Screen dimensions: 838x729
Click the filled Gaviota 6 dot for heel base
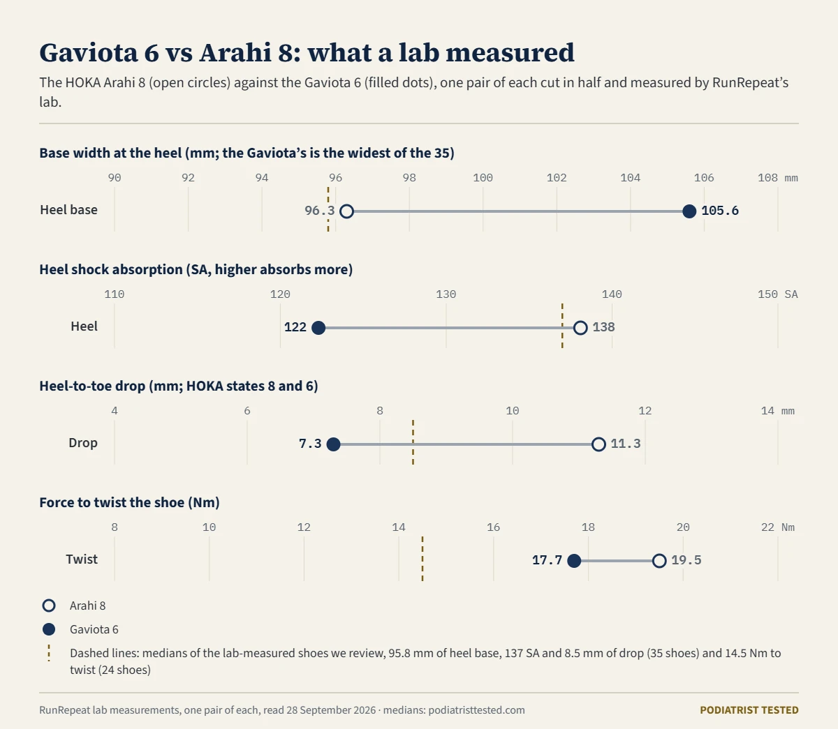click(689, 211)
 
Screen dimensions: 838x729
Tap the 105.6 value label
click(720, 211)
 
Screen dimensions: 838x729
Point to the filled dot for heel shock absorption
click(318, 328)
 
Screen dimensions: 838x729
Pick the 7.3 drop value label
click(310, 444)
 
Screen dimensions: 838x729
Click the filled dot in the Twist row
click(574, 561)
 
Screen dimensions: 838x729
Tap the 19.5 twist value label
click(686, 560)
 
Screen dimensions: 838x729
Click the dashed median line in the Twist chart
click(422, 559)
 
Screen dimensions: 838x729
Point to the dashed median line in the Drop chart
click(413, 442)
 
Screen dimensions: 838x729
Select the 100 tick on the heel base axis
click(483, 178)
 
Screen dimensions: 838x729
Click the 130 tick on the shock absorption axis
click(446, 294)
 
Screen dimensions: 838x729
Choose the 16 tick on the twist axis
click(494, 527)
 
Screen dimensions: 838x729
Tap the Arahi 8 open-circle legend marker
click(49, 606)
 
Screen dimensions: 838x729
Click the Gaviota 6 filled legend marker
click(49, 629)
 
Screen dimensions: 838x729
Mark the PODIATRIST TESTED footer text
click(749, 710)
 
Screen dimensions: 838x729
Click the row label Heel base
click(69, 210)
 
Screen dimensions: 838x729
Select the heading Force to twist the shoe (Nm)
click(129, 502)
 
